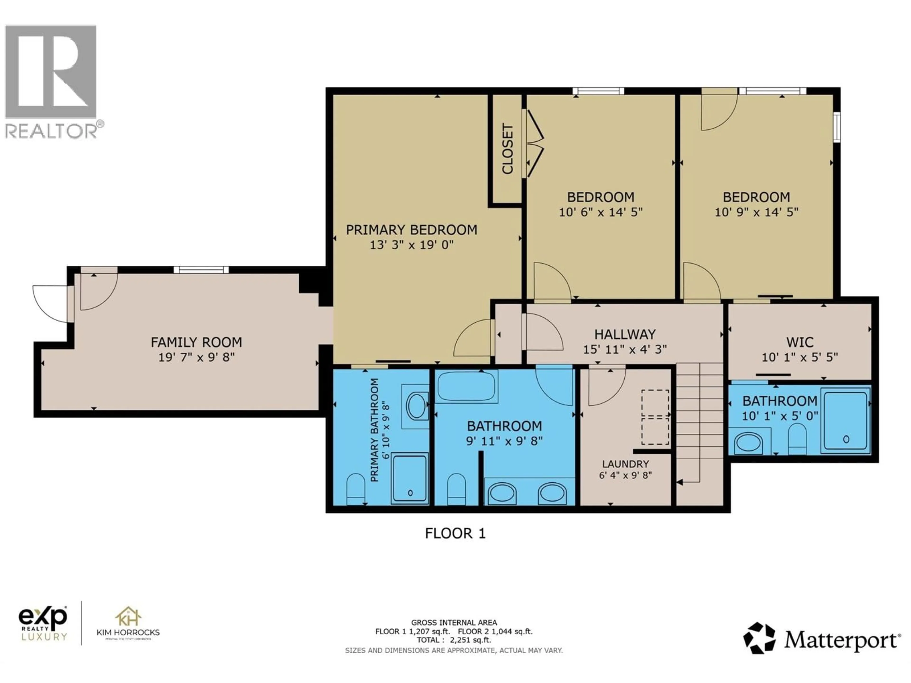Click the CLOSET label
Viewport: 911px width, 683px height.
tap(507, 149)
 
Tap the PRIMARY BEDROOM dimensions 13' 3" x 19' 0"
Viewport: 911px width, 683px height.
tap(411, 245)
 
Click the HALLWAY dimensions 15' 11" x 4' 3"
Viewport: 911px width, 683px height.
tap(625, 350)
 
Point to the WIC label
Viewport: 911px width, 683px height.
tap(799, 342)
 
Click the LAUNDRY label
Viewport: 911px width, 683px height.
tap(625, 464)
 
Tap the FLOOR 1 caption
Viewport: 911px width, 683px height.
tap(455, 534)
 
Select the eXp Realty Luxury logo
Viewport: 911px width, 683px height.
tap(43, 623)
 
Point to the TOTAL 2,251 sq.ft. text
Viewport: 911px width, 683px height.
tap(453, 640)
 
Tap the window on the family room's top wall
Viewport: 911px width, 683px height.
tap(201, 270)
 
